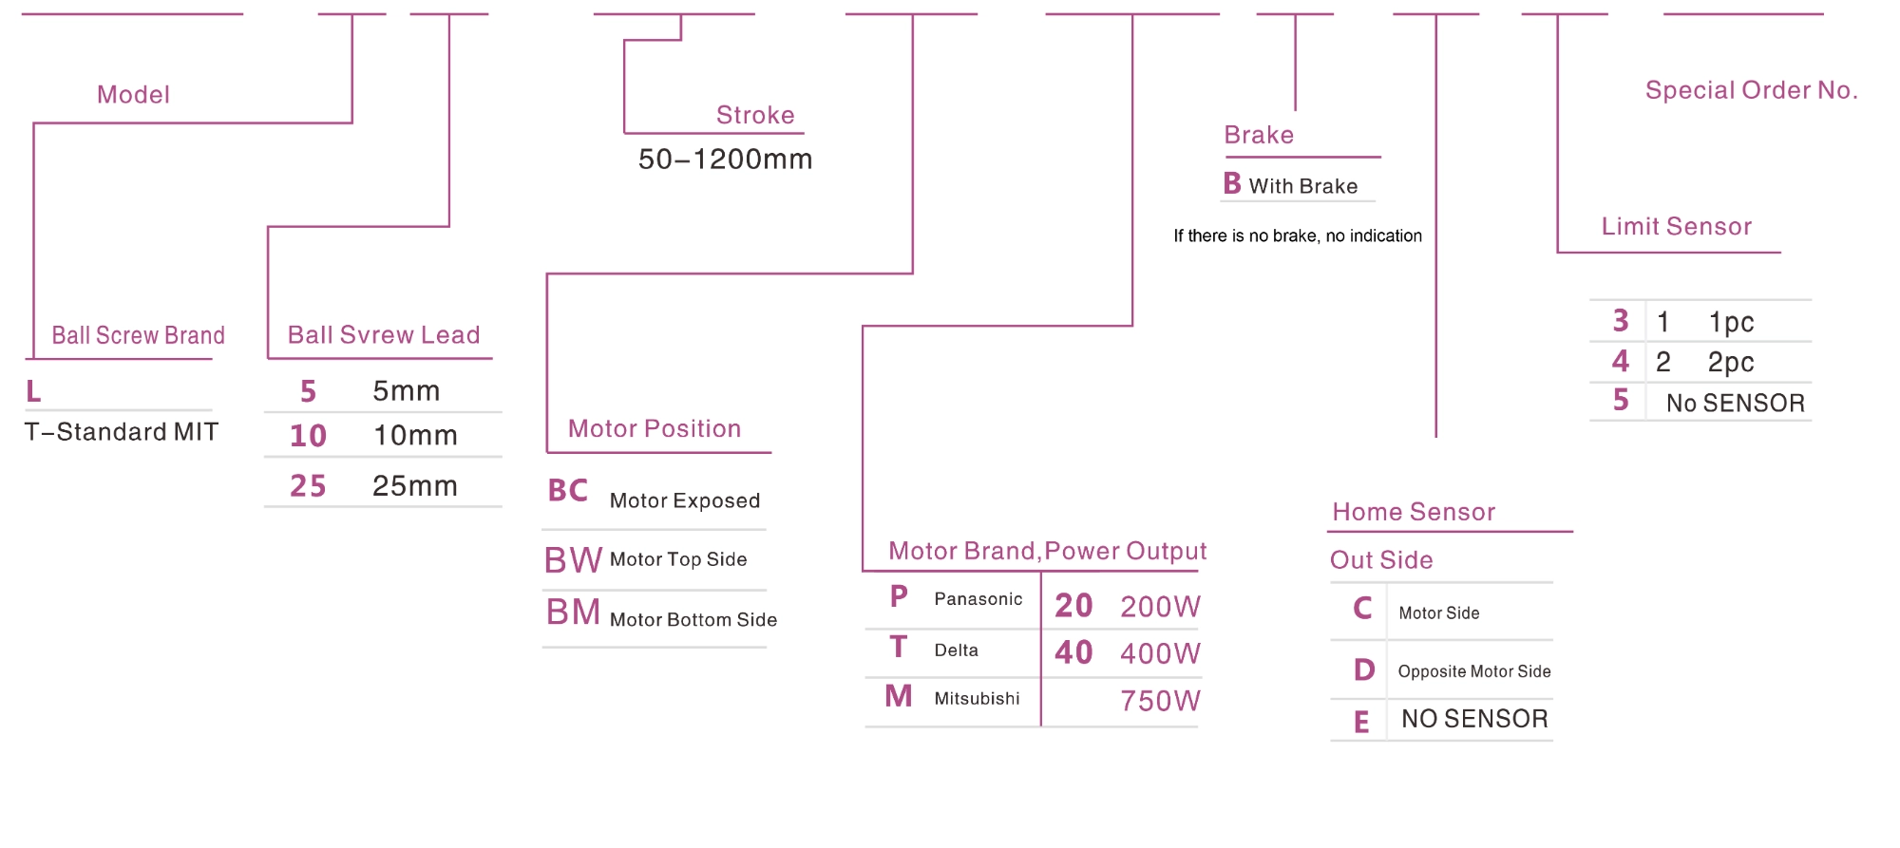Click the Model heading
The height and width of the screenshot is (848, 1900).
[x=133, y=95]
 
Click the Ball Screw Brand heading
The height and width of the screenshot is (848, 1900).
[x=138, y=335]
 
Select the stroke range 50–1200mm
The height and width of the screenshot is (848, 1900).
[x=725, y=159]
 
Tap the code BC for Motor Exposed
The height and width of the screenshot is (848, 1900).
[x=568, y=491]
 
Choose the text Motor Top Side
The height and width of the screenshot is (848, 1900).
[x=678, y=559]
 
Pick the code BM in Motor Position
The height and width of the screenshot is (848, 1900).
[x=573, y=612]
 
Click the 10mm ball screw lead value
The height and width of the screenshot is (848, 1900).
[x=415, y=436]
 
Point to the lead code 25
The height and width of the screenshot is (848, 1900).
[x=308, y=486]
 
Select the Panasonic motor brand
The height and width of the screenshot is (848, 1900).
[x=978, y=599]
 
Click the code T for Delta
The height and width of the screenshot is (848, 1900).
[x=898, y=648]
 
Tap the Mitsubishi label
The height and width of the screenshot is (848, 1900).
[x=977, y=699]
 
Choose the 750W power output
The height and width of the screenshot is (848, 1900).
[x=1160, y=701]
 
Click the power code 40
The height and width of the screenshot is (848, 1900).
[x=1073, y=652]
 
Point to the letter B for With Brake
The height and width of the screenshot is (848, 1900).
[x=1232, y=183]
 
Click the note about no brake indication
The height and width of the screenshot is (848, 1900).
[x=1297, y=236]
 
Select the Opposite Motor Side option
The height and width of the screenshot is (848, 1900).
[x=1473, y=671]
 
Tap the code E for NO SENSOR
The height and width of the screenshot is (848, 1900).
[x=1361, y=723]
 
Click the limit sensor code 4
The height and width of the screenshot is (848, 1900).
[x=1620, y=361]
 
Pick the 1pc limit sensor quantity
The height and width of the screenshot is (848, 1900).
[x=1731, y=322]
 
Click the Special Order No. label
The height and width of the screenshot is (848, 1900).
[x=1751, y=90]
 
